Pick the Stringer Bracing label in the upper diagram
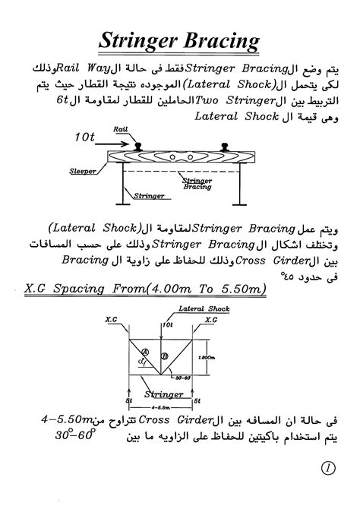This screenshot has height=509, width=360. [197, 183]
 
